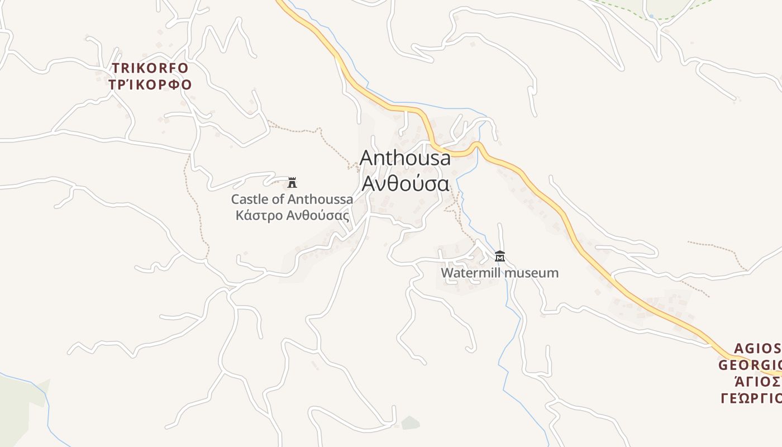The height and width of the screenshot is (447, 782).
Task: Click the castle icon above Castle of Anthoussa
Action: pyautogui.click(x=292, y=182)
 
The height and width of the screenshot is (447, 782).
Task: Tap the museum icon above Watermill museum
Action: pyautogui.click(x=500, y=256)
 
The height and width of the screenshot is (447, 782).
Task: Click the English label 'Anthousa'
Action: pyautogui.click(x=405, y=158)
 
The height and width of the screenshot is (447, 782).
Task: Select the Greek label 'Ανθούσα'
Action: pyautogui.click(x=405, y=183)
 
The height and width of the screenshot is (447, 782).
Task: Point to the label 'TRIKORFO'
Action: pyautogui.click(x=151, y=69)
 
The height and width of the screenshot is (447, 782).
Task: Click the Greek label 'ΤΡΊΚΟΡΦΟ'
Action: pyautogui.click(x=151, y=85)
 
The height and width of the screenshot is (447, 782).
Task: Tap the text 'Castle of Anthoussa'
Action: pyautogui.click(x=292, y=199)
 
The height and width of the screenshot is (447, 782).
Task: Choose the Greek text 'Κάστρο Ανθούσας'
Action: pyautogui.click(x=293, y=216)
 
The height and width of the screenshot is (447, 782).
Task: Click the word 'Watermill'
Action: pyautogui.click(x=471, y=273)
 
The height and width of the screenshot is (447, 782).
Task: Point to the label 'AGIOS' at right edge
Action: pyautogui.click(x=757, y=349)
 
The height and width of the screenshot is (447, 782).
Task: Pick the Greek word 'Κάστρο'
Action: pyautogui.click(x=259, y=216)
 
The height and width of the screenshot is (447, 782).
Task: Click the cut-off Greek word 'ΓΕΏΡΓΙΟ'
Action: pyautogui.click(x=751, y=398)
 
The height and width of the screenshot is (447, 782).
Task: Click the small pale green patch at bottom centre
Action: pyautogui.click(x=411, y=422)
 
